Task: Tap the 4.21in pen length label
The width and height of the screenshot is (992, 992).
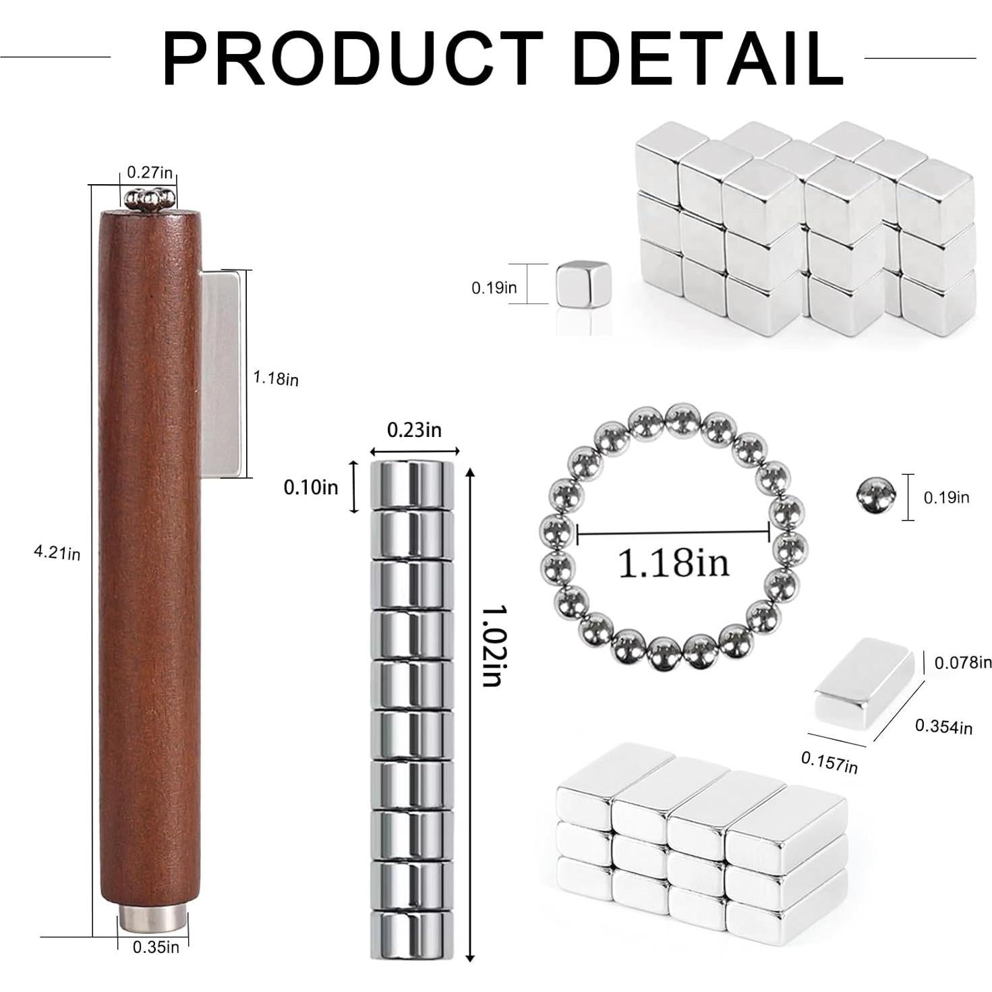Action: (x=57, y=553)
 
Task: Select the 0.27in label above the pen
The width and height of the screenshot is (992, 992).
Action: (x=150, y=172)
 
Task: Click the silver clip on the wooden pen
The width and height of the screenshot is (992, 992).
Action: (x=221, y=374)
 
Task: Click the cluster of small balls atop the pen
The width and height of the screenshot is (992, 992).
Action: (x=150, y=199)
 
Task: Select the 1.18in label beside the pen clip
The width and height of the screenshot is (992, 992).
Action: (x=275, y=378)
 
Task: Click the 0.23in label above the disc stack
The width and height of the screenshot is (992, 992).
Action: (x=414, y=430)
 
